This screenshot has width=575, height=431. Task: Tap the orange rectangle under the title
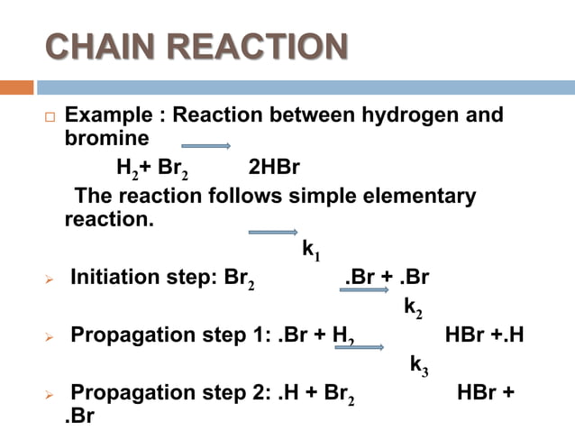[17, 87]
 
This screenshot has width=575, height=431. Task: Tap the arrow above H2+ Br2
[205, 146]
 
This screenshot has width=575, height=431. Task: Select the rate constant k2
[413, 307]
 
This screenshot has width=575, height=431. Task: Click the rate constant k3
[419, 365]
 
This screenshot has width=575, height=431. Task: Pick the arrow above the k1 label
[272, 232]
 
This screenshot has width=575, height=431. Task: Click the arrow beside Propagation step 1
[361, 347]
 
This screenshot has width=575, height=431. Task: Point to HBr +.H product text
[485, 335]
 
